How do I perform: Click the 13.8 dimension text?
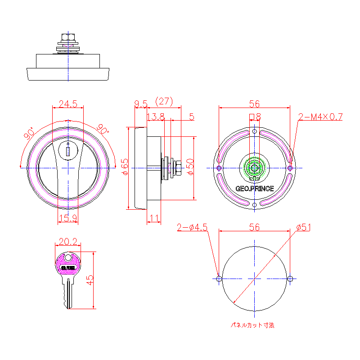(x=156, y=117)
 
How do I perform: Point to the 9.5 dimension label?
(x=141, y=104)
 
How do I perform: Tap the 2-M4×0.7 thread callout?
(x=321, y=117)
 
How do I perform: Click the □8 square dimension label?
(x=255, y=117)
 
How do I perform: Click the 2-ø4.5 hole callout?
(x=192, y=228)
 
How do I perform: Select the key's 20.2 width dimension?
(x=68, y=242)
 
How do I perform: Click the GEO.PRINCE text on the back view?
(x=254, y=189)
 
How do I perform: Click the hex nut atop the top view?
(x=68, y=36)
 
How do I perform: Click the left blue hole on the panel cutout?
(x=219, y=279)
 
